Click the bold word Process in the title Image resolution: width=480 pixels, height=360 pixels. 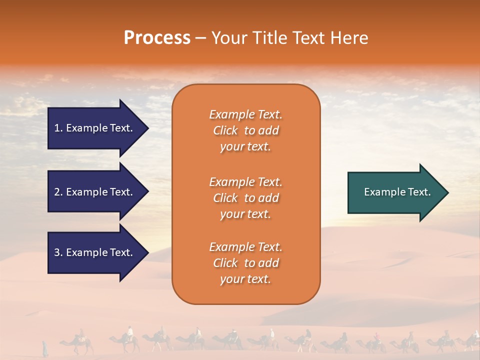tap(157, 38)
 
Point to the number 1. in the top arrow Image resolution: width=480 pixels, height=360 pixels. tap(58, 128)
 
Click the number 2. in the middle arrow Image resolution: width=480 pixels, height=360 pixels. tap(58, 192)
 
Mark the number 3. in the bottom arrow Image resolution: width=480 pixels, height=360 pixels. tap(58, 252)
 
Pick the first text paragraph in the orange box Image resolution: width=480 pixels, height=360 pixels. tap(245, 130)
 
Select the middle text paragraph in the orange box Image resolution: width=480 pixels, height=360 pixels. tap(245, 198)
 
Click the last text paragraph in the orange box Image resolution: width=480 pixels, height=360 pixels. tap(245, 263)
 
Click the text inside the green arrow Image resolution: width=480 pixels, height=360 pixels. tap(397, 192)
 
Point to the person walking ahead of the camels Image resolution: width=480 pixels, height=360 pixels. tap(45, 347)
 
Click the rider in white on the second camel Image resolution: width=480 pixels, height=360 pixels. tap(130, 332)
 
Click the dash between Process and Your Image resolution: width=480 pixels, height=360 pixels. tap(200, 38)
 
